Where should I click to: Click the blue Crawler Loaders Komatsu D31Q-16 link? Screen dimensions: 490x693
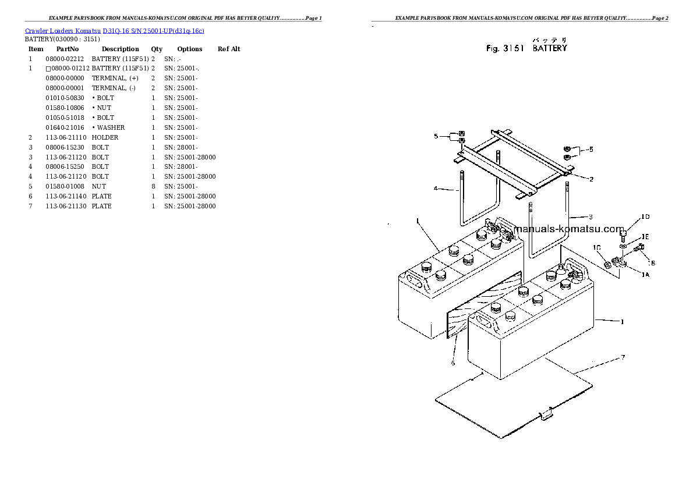(x=114, y=30)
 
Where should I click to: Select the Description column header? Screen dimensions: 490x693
(x=120, y=49)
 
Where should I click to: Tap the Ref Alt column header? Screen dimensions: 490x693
(x=229, y=49)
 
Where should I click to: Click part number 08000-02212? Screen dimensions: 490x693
(x=65, y=59)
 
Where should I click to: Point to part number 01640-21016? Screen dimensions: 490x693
(x=65, y=128)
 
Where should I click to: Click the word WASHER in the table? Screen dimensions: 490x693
(x=111, y=128)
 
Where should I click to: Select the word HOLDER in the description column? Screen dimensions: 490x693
(x=105, y=138)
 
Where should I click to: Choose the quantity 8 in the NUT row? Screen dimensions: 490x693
(x=153, y=187)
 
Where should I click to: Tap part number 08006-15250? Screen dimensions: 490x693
(x=65, y=167)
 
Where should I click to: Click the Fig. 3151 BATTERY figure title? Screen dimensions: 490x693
(x=526, y=49)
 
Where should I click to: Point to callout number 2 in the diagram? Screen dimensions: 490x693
(x=591, y=179)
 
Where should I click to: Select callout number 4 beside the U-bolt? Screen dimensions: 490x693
(x=435, y=189)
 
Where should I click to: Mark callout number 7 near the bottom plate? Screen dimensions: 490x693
(x=623, y=357)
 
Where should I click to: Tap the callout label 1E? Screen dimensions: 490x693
(x=645, y=237)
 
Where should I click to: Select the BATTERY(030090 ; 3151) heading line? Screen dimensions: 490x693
(x=62, y=40)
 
